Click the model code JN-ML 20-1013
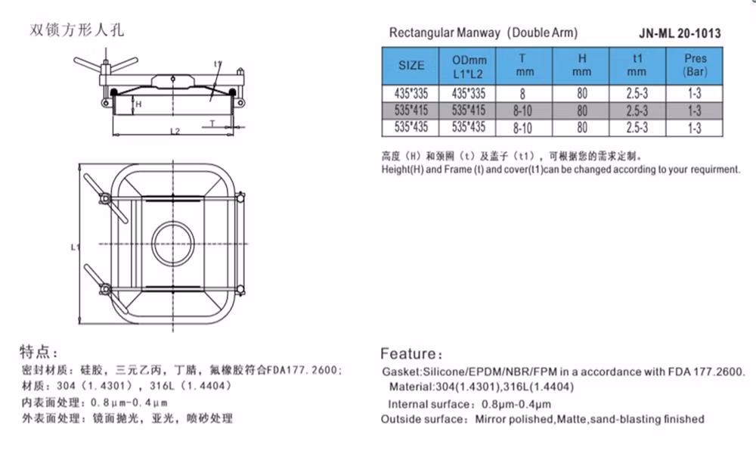coord(680,33)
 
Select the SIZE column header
coord(411,66)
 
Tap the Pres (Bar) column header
coord(695,65)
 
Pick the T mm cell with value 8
coord(524,94)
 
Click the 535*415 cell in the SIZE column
coord(411,110)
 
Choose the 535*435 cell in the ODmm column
coord(468,127)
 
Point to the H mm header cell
coord(581,65)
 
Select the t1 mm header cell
coord(637,65)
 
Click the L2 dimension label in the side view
coord(175,131)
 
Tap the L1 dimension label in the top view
coord(75,247)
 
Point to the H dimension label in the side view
coord(138,104)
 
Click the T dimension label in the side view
coord(212,123)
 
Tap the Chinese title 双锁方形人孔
coord(76,30)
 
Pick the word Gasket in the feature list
coord(401,372)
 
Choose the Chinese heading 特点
coord(36,352)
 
